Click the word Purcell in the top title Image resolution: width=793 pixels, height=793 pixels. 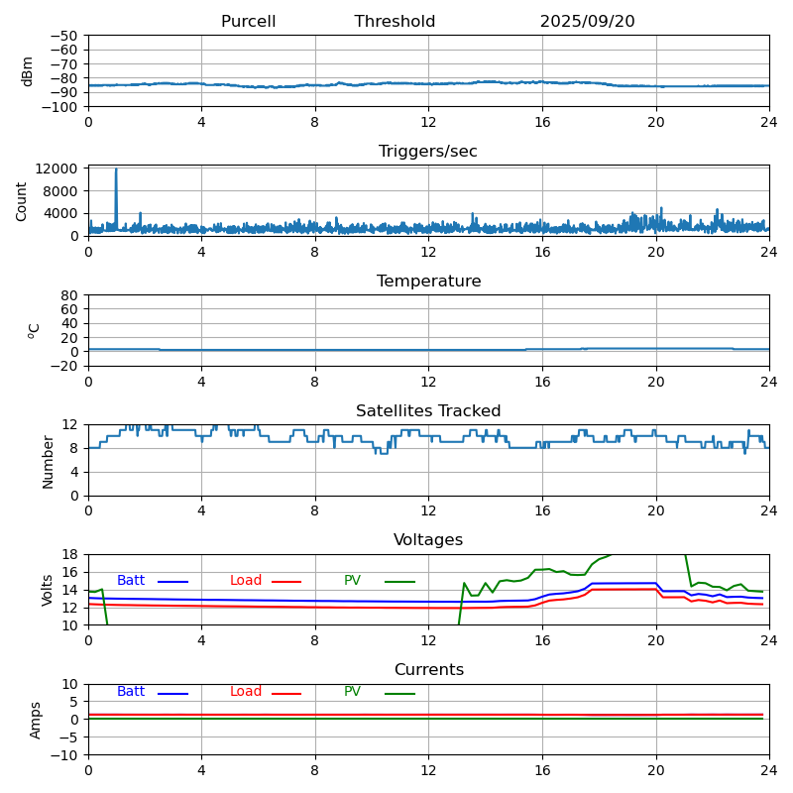click(x=248, y=22)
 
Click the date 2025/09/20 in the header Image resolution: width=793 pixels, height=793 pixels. click(x=587, y=22)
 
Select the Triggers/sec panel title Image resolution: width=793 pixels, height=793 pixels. click(x=428, y=152)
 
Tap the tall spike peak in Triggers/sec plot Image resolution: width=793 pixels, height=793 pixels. click(x=116, y=170)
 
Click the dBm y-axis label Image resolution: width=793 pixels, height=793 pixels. click(x=28, y=70)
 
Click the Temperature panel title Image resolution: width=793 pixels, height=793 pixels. click(x=428, y=282)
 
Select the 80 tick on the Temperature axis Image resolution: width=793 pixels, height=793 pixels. click(x=70, y=295)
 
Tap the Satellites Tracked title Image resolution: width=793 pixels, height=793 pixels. click(x=428, y=411)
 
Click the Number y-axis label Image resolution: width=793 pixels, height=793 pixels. click(x=48, y=461)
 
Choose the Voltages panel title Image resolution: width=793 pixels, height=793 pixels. click(x=428, y=540)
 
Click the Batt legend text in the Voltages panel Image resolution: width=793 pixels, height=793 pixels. click(x=131, y=581)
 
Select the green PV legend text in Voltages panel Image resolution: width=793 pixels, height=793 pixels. click(x=353, y=581)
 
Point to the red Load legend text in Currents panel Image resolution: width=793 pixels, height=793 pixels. click(x=246, y=692)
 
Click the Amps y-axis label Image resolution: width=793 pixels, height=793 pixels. click(x=36, y=720)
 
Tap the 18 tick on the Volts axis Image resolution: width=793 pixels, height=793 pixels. click(x=70, y=554)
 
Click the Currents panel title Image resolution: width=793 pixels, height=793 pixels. click(x=428, y=670)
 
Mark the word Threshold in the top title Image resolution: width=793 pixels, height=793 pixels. click(x=395, y=22)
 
